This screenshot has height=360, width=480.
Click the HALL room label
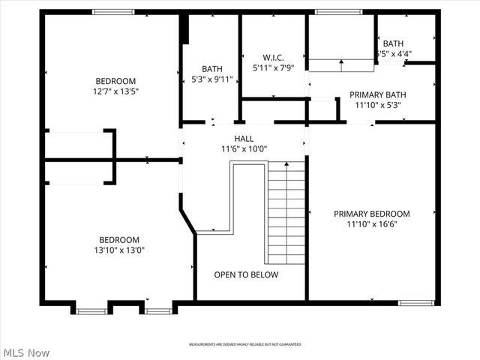[244, 138]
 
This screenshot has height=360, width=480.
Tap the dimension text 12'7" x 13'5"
[115, 91]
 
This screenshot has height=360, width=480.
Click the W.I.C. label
[272, 58]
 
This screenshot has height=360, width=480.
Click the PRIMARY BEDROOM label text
[372, 214]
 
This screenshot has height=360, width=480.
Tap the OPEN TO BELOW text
[246, 274]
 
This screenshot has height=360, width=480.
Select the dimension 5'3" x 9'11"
[211, 79]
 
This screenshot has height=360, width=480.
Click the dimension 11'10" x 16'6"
[372, 223]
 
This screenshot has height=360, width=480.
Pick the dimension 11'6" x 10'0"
[244, 148]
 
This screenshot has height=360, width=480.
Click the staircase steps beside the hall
[286, 213]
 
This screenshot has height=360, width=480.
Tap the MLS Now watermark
[26, 352]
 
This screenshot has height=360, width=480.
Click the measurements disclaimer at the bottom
[244, 344]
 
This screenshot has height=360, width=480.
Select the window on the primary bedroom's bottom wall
[415, 303]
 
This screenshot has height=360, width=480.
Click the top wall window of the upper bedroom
[112, 12]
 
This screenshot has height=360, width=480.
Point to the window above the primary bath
[328, 12]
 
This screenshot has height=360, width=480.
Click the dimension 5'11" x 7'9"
[272, 68]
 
